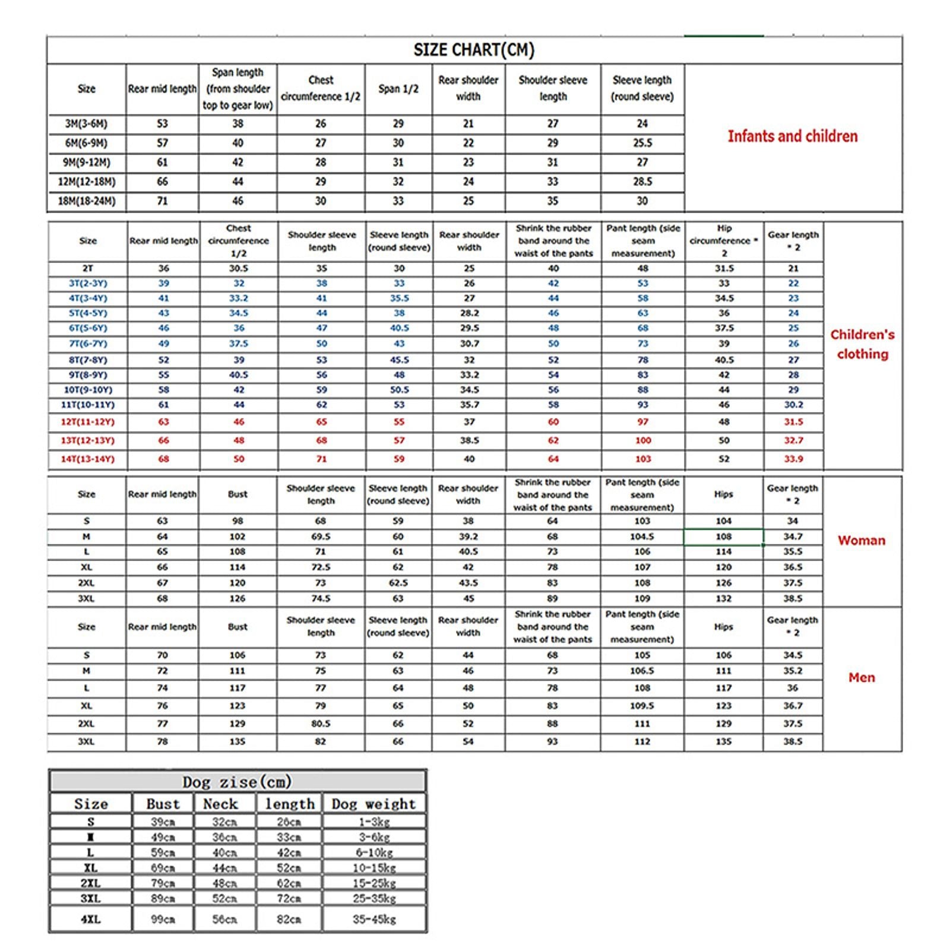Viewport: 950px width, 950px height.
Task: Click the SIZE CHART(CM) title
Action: (x=474, y=50)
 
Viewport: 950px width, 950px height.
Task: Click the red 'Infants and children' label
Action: (x=793, y=137)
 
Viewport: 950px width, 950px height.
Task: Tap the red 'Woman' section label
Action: (x=861, y=540)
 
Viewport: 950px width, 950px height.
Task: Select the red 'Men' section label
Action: (x=861, y=677)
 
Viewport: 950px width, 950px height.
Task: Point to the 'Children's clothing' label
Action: (x=862, y=344)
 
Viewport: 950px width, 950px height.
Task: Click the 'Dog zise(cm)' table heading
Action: (x=237, y=782)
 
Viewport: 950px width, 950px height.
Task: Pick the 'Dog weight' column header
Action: (x=373, y=804)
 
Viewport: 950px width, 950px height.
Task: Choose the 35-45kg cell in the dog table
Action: (x=374, y=919)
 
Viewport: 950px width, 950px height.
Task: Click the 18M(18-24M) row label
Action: (x=87, y=201)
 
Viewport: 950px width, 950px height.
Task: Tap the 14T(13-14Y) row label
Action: (x=88, y=459)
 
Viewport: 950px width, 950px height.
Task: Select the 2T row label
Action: (x=88, y=268)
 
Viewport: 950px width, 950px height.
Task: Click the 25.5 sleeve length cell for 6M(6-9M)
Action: (x=642, y=143)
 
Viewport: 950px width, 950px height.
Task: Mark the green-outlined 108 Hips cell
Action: (x=723, y=537)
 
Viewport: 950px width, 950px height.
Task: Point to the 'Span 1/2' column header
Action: (x=398, y=89)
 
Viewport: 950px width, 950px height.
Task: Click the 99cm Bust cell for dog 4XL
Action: (x=163, y=919)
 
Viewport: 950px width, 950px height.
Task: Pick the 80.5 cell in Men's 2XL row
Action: (x=321, y=724)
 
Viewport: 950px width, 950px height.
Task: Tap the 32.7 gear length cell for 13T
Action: (x=793, y=441)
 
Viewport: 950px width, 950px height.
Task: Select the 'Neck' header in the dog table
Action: (x=220, y=804)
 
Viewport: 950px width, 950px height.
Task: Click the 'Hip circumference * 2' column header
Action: (x=724, y=240)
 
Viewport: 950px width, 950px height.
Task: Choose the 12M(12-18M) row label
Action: (x=87, y=182)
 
